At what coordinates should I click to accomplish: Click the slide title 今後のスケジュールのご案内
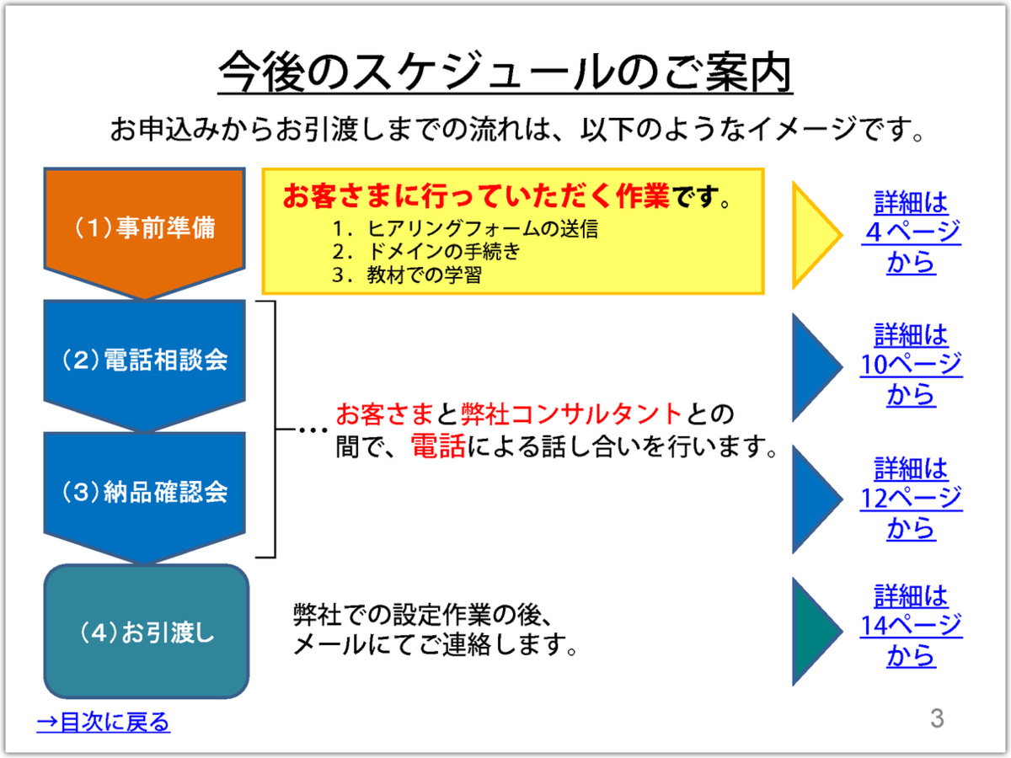point(505,72)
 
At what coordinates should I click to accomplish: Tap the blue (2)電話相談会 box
point(144,361)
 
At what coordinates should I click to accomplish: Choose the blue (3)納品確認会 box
point(144,494)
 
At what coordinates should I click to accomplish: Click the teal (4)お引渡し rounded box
point(147,632)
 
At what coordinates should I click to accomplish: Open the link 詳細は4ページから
point(911,232)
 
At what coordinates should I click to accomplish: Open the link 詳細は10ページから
point(911,365)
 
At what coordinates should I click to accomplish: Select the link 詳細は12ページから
point(911,498)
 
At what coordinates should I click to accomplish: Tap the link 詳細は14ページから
point(911,626)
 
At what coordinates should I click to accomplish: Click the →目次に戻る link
point(104,722)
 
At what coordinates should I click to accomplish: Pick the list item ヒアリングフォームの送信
point(482,229)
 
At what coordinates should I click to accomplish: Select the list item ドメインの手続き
point(443,252)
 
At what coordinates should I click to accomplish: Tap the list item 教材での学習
point(425,275)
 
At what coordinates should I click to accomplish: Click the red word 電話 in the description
point(437,446)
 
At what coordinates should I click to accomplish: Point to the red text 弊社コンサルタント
point(571,414)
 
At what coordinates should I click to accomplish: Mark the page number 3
point(937,718)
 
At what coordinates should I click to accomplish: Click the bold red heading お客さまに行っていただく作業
point(476,195)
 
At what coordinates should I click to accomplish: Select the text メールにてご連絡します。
point(435,644)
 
